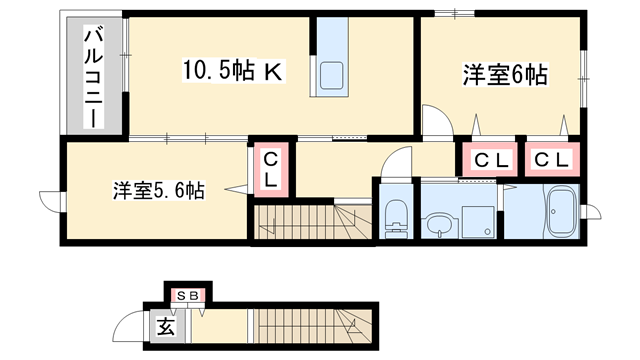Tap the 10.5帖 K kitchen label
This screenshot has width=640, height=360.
(x=234, y=71)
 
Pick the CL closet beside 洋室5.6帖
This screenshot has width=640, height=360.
(x=270, y=169)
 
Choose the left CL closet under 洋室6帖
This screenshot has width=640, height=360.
(x=490, y=160)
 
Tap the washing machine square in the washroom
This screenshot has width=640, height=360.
(x=479, y=222)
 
